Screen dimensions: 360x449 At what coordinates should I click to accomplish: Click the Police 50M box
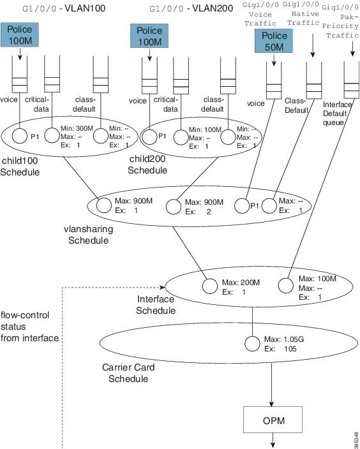pyautogui.click(x=274, y=41)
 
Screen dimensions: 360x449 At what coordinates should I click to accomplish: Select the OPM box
pyautogui.click(x=273, y=420)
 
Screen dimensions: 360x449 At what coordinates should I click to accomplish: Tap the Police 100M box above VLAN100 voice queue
pyautogui.click(x=20, y=35)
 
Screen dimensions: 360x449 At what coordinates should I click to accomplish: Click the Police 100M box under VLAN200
pyautogui.click(x=149, y=36)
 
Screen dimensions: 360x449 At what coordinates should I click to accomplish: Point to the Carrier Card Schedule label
pyautogui.click(x=128, y=373)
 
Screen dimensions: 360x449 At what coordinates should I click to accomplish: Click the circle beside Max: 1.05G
pyautogui.click(x=252, y=344)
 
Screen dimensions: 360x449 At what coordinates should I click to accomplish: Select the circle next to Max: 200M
pyautogui.click(x=210, y=286)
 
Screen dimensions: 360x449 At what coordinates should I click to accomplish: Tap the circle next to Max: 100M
pyautogui.click(x=286, y=286)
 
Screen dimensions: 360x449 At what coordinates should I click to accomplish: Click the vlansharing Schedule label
pyautogui.click(x=88, y=235)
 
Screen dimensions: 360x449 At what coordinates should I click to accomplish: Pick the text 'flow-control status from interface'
pyautogui.click(x=29, y=327)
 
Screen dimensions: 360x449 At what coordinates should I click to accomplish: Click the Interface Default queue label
pyautogui.click(x=337, y=114)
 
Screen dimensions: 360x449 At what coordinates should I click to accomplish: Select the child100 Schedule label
pyautogui.click(x=20, y=166)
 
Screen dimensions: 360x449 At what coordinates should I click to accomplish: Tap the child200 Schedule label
pyautogui.click(x=147, y=165)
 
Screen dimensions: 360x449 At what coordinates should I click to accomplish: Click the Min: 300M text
pyautogui.click(x=77, y=129)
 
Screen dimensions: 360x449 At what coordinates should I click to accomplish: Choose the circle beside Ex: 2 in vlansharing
pyautogui.click(x=174, y=207)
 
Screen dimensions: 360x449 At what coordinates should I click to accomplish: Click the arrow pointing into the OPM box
pyautogui.click(x=271, y=385)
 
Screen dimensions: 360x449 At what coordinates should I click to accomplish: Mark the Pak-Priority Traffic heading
pyautogui.click(x=340, y=22)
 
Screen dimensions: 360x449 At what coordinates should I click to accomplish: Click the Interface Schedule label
pyautogui.click(x=156, y=305)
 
